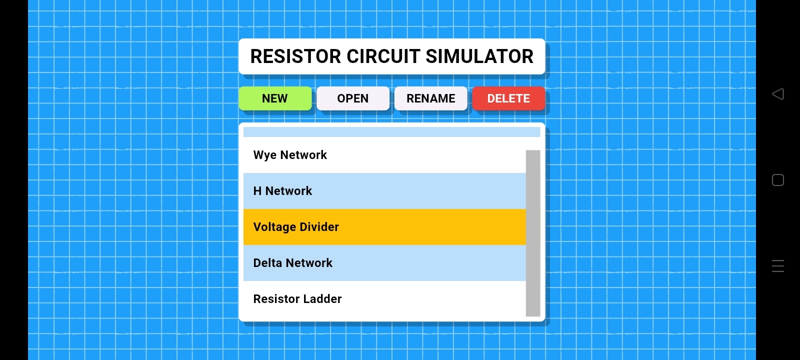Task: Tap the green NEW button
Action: tap(275, 98)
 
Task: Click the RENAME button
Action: tap(430, 98)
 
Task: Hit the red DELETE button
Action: tap(508, 98)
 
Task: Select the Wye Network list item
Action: tap(384, 155)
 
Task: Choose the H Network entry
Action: tap(384, 191)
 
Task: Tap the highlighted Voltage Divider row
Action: tap(384, 227)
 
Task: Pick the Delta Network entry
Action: tap(384, 263)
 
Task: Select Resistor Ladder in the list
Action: tap(384, 299)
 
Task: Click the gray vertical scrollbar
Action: tap(533, 233)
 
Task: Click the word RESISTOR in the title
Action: tap(295, 56)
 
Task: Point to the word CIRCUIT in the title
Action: tap(383, 56)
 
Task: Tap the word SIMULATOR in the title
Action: tap(479, 56)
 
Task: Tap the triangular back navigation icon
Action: tap(778, 94)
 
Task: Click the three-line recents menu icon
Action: tap(778, 266)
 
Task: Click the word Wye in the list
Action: tap(265, 155)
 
